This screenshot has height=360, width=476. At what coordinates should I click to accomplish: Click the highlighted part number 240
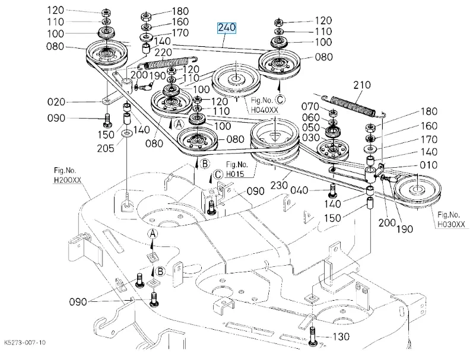click(x=227, y=28)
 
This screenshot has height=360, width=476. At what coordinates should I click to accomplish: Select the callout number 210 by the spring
click(x=362, y=85)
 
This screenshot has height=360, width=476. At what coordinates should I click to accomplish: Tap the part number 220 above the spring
click(x=163, y=52)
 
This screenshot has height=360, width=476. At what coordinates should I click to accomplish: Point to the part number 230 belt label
click(x=279, y=184)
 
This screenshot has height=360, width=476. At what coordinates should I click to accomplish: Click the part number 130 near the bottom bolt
click(x=341, y=336)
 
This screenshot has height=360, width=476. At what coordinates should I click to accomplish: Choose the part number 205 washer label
click(x=105, y=148)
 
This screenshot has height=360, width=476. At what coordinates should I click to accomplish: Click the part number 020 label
click(x=56, y=102)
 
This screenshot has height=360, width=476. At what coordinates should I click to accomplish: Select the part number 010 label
click(x=429, y=165)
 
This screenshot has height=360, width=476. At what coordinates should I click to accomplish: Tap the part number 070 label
click(x=310, y=106)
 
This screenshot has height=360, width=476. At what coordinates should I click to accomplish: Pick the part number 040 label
click(x=299, y=190)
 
